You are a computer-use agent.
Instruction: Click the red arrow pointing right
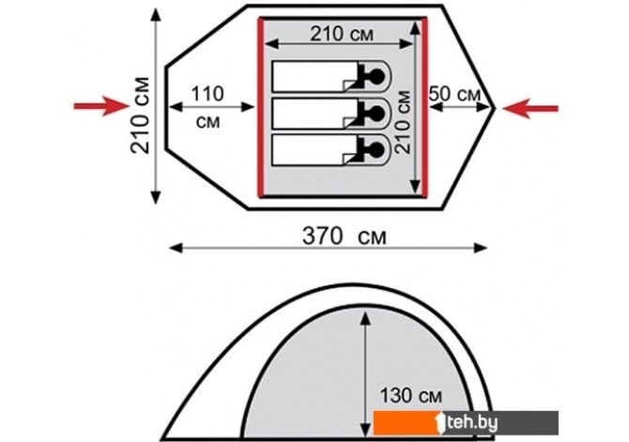click(x=102, y=106)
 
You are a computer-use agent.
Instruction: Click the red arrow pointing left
click(x=529, y=108)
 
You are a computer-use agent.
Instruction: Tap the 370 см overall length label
click(x=345, y=236)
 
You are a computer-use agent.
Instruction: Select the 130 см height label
click(x=411, y=395)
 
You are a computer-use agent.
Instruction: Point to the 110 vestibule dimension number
click(x=207, y=94)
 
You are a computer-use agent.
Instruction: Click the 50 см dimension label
click(x=454, y=94)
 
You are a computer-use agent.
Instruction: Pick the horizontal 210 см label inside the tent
click(x=342, y=34)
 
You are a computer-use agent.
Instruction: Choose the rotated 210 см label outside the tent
click(x=140, y=115)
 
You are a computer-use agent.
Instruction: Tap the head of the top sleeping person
click(x=377, y=75)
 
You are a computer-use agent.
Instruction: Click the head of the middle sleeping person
click(x=377, y=114)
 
